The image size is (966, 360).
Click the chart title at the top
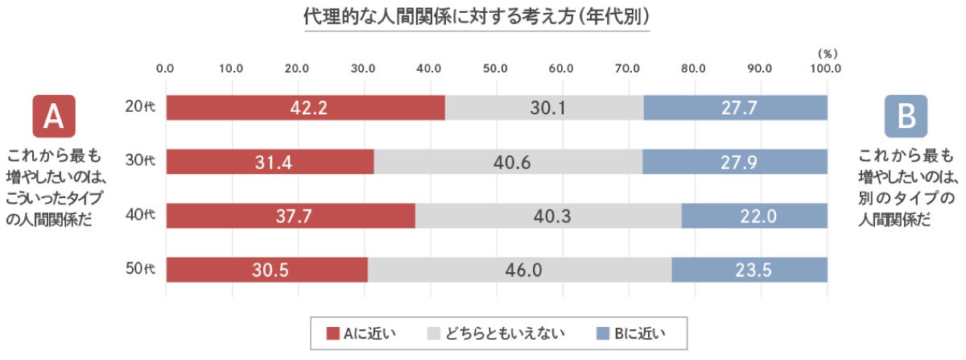[x=477, y=17]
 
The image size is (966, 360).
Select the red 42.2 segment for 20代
[x=305, y=107]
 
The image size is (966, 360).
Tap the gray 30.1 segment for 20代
[x=544, y=107]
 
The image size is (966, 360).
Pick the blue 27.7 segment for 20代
[x=736, y=107]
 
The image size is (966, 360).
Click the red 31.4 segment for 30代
[x=270, y=161]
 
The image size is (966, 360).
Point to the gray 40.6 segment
[x=508, y=161]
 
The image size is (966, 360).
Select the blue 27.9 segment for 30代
[x=735, y=161]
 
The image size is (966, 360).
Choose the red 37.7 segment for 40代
[x=291, y=216]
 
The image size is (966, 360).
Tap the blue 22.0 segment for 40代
[x=754, y=216]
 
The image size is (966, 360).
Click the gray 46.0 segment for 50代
[x=519, y=270]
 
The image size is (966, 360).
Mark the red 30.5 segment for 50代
[x=266, y=270]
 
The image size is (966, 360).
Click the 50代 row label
[x=140, y=270]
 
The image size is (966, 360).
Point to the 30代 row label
[x=140, y=161]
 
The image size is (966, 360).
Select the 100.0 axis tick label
[x=825, y=68]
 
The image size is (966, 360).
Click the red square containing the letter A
[x=53, y=117]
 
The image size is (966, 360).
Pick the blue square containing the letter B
[x=906, y=117]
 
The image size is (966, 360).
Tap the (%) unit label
[x=827, y=53]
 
